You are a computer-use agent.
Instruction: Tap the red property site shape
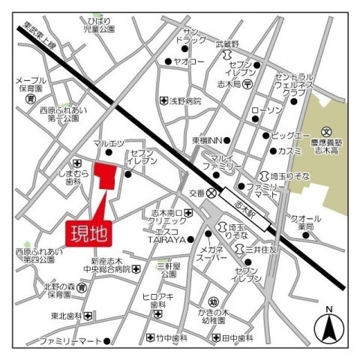click(106, 178)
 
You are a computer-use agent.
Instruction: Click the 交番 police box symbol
click(212, 193)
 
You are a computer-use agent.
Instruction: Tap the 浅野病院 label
click(186, 100)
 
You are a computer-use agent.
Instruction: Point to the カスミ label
click(289, 151)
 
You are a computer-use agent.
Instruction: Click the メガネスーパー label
click(213, 254)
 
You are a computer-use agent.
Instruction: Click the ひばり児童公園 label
click(100, 24)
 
